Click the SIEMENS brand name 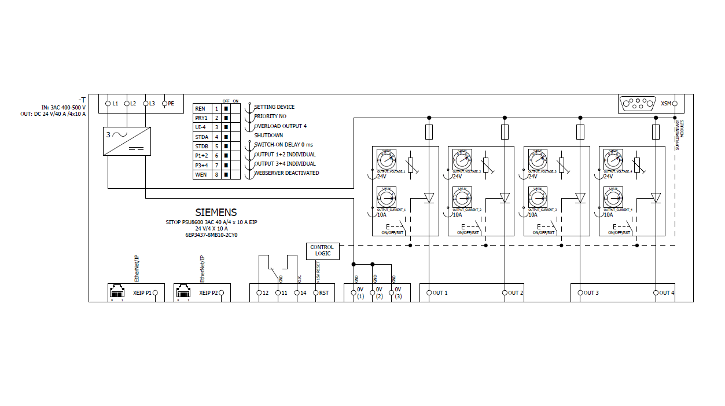(216, 213)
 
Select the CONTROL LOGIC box (322, 251)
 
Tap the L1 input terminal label (115, 103)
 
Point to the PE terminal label (171, 103)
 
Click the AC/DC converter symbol (127, 141)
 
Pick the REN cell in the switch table (200, 108)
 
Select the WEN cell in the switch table (201, 174)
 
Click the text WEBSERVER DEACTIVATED (286, 173)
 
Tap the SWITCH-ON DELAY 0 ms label (284, 144)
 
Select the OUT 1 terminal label (440, 293)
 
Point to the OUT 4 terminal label (667, 293)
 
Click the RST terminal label (324, 293)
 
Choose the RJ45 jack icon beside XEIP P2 (183, 291)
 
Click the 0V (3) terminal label (398, 292)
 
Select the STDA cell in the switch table (201, 137)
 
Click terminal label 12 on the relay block (266, 293)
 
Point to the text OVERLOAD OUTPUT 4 (280, 126)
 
